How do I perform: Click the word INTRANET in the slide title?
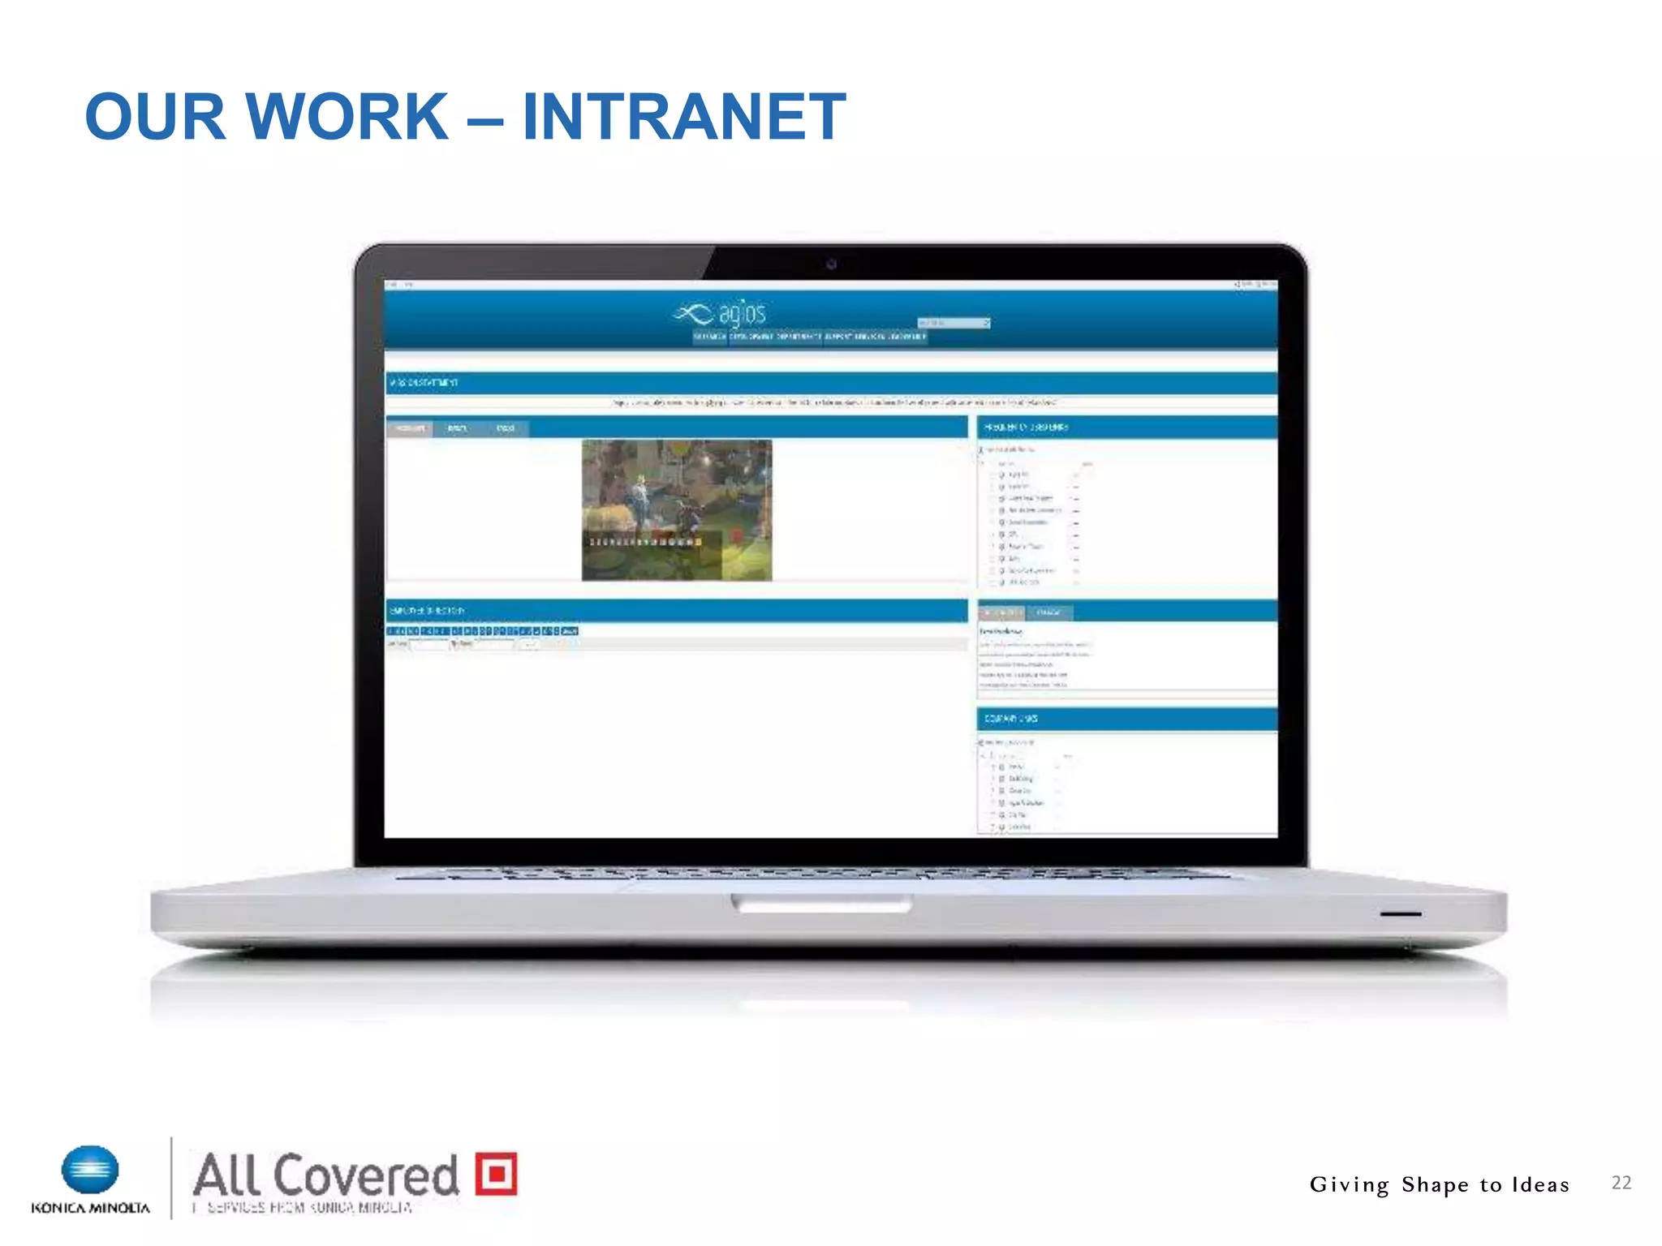[x=684, y=117]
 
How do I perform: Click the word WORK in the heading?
[x=346, y=117]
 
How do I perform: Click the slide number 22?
[x=1621, y=1183]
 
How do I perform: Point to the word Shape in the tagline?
[x=1435, y=1185]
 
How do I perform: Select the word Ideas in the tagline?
[x=1540, y=1184]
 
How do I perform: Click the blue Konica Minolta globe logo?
[x=90, y=1171]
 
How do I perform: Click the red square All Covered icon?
[x=496, y=1173]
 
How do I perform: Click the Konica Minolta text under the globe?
[x=90, y=1208]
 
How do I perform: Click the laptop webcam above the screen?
[x=831, y=264]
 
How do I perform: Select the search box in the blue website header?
[x=953, y=323]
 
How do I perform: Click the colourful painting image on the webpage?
[x=677, y=509]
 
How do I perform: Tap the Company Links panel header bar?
[x=1126, y=719]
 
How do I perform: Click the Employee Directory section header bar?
[x=676, y=610]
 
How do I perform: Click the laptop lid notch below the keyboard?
[x=821, y=903]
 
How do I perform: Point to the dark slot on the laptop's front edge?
[x=1400, y=914]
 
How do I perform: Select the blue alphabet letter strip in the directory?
[x=483, y=630]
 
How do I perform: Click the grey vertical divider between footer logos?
[x=171, y=1177]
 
